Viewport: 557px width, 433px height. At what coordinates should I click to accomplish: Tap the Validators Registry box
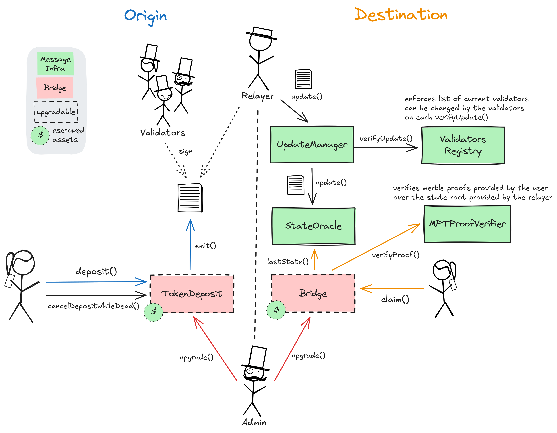[463, 145]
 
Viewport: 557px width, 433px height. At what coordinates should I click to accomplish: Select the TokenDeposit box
[192, 294]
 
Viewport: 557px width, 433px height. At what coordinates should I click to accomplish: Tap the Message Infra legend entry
[56, 64]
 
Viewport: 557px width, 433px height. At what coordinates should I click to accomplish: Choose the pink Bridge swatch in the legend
[55, 88]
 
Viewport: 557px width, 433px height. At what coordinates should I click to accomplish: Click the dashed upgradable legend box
[56, 112]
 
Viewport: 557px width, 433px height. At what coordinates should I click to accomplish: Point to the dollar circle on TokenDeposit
[153, 312]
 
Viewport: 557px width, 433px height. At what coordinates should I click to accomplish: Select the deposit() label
[96, 271]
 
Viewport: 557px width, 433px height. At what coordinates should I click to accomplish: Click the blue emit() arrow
[190, 245]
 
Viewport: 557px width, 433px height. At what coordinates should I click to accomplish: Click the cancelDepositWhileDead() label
[93, 306]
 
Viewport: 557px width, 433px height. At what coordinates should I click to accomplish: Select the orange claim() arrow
[393, 289]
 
